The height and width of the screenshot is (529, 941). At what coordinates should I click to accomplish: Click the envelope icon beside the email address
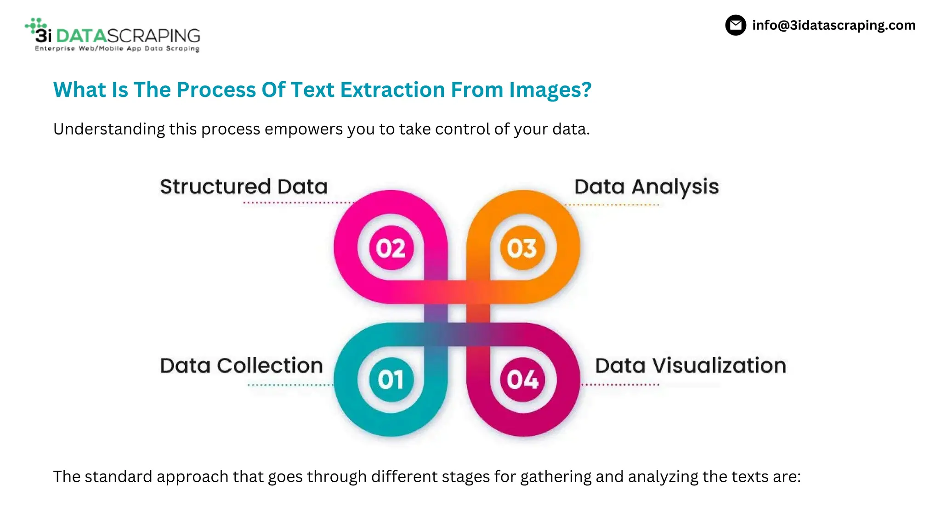(736, 25)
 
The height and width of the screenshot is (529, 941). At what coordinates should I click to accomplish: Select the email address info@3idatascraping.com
(833, 25)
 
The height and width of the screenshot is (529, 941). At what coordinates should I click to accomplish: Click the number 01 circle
(391, 380)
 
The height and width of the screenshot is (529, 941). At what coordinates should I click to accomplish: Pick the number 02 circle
(391, 248)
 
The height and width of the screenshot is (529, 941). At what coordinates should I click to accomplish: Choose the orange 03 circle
(522, 248)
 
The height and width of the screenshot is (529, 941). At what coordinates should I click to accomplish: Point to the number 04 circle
(522, 380)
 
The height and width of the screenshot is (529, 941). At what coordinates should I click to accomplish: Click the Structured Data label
(244, 187)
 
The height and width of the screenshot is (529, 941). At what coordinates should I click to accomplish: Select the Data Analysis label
(646, 187)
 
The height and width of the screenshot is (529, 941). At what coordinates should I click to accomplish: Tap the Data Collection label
(242, 366)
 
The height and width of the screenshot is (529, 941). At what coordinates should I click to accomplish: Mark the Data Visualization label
(691, 366)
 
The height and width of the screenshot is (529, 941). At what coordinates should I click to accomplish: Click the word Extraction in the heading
(392, 90)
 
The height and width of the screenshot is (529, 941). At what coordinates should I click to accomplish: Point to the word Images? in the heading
(550, 90)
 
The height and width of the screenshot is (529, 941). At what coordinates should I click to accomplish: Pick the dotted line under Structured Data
(299, 203)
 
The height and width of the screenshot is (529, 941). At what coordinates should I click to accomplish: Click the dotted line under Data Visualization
(620, 385)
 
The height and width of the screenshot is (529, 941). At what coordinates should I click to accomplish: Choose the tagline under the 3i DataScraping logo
(117, 49)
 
